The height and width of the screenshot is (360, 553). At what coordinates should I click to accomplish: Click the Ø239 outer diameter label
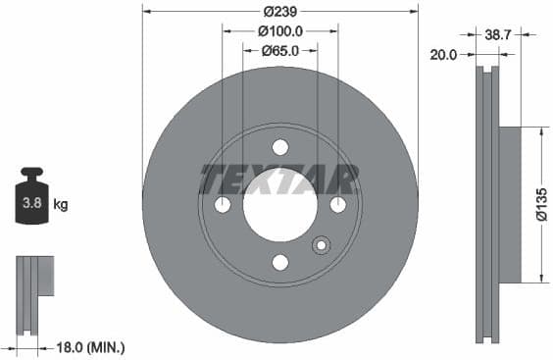coord(280,12)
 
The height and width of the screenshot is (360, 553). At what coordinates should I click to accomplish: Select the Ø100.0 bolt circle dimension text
coord(280,31)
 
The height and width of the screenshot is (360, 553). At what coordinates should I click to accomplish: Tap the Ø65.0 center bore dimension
coord(280,51)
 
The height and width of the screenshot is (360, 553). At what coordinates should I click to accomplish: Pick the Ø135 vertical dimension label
coord(539,205)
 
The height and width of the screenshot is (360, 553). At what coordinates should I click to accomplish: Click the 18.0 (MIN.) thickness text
coord(91,347)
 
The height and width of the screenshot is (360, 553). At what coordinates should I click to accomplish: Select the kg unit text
coord(61,205)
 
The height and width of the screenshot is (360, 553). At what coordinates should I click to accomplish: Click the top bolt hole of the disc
coord(280,147)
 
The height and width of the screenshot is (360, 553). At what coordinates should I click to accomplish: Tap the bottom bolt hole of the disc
coord(280,262)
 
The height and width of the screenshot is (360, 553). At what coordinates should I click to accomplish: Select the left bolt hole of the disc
coord(223,205)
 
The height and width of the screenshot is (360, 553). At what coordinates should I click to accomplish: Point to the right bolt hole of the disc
coord(338,205)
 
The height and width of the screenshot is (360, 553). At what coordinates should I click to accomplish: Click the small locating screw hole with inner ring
coord(321,246)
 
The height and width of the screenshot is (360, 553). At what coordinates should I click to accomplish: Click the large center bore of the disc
coord(280,205)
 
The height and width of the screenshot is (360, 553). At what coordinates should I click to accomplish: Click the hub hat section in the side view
coord(509,205)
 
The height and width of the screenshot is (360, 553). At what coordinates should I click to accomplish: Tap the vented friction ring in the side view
coord(487,205)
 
